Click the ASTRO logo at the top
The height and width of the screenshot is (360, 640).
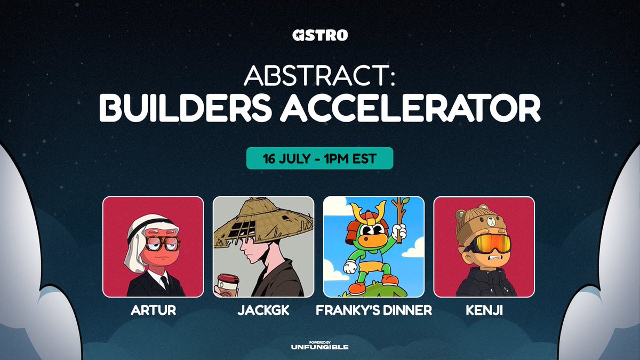320,36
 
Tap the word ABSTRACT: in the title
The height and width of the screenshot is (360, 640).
320,77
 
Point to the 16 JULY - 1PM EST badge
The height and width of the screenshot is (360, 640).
319,158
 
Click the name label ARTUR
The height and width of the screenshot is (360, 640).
153,310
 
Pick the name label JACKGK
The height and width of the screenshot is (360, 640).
263,310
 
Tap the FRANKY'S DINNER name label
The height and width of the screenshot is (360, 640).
374,310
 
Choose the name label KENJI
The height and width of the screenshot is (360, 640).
484,310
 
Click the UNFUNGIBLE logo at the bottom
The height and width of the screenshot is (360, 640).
320,346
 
